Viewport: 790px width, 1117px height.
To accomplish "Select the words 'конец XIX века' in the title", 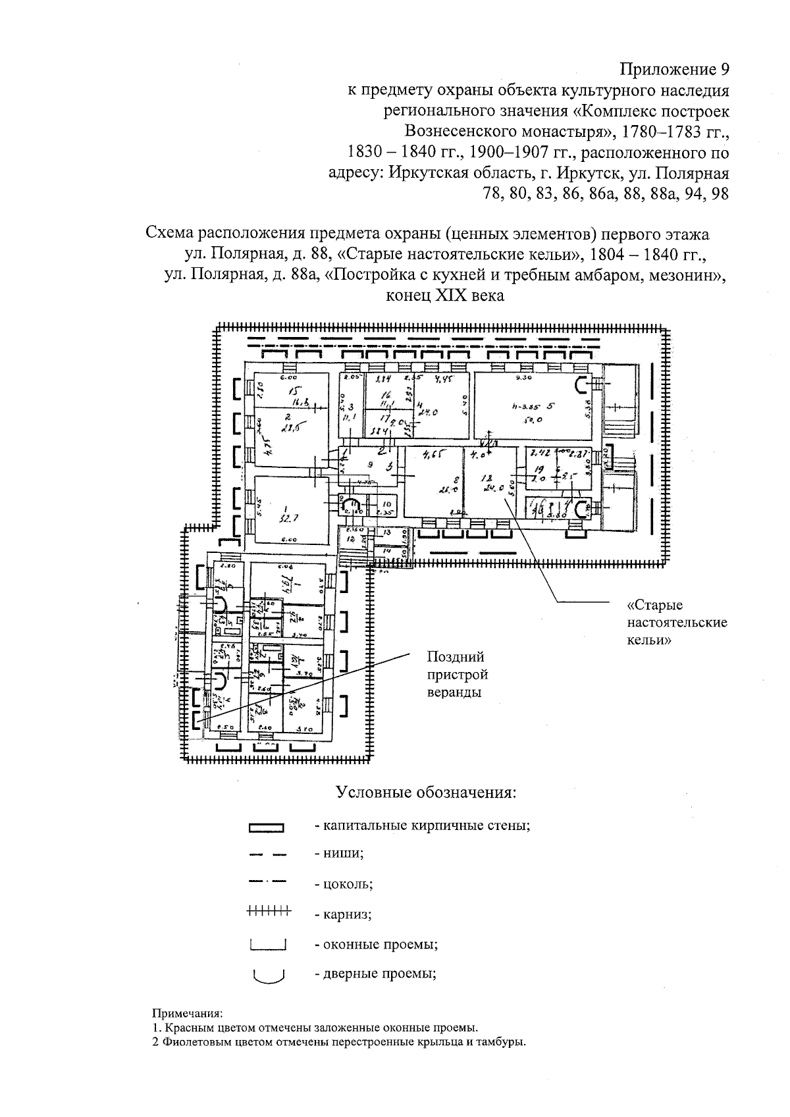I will point(447,296).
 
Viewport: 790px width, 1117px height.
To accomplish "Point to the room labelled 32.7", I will point(288,510).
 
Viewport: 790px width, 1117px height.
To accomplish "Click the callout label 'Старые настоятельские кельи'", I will point(677,622).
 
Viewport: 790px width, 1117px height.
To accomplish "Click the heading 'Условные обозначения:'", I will point(425,792).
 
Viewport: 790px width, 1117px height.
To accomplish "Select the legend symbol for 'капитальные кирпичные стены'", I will point(266,828).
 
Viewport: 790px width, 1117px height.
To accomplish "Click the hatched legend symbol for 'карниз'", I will point(268,912).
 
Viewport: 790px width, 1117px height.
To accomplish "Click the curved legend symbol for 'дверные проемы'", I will point(268,975).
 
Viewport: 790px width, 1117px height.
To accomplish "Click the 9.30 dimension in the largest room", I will point(524,378).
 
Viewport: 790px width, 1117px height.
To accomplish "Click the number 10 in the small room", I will point(386,504).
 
